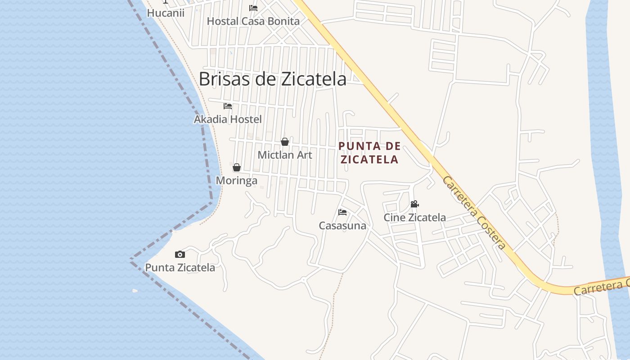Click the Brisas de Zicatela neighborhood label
(x=272, y=79)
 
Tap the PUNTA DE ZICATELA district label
(x=369, y=153)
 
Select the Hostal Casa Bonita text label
(x=253, y=21)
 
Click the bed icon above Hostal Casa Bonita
(x=253, y=8)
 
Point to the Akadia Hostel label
(x=228, y=119)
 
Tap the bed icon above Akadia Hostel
(x=228, y=106)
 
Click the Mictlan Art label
(x=284, y=155)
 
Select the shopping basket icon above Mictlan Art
(x=285, y=142)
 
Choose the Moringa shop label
(x=237, y=180)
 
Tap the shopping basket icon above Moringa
(x=237, y=167)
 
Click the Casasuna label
(x=342, y=225)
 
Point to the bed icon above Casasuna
(x=342, y=212)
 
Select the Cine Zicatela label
(x=414, y=217)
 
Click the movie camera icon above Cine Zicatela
(x=414, y=204)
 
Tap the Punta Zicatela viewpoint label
(x=180, y=267)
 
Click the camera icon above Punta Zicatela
(x=180, y=255)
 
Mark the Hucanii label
(x=166, y=13)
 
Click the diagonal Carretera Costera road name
(x=474, y=212)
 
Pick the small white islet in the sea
(x=135, y=291)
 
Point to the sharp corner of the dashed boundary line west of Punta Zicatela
(x=131, y=260)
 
